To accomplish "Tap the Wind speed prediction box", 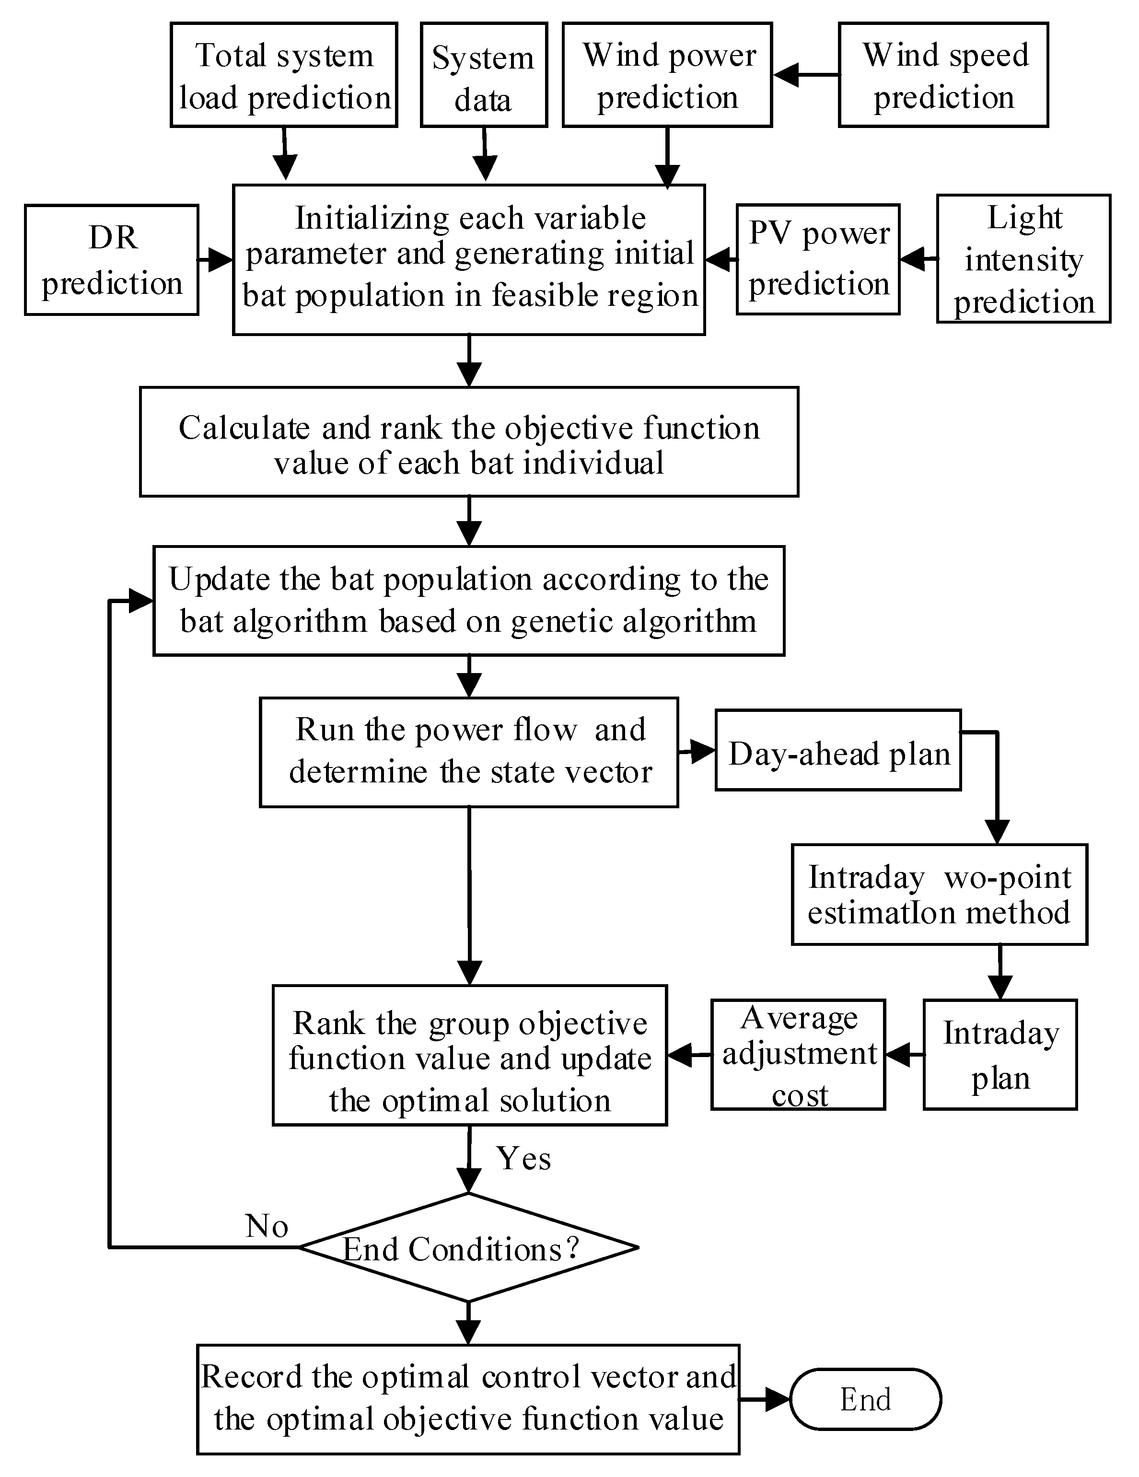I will (943, 75).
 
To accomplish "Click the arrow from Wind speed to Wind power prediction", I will (805, 75).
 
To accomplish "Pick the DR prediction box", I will (112, 260).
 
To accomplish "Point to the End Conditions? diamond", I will (468, 1248).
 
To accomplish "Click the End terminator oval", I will (865, 1399).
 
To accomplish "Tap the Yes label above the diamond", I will (523, 1159).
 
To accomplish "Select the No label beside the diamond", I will (267, 1226).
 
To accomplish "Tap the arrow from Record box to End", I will (764, 1399).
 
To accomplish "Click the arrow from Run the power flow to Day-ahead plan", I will (697, 751).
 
